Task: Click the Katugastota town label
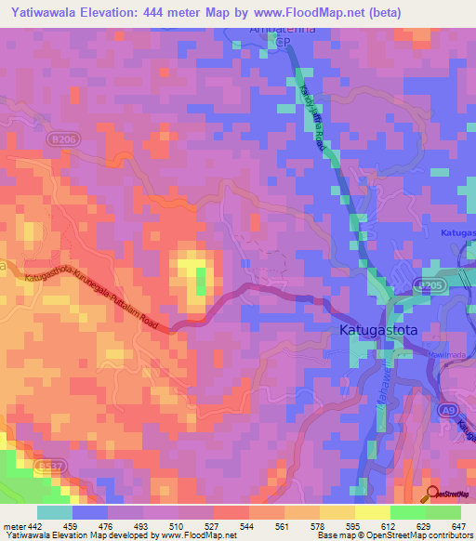tap(371, 329)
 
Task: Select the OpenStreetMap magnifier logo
tap(433, 495)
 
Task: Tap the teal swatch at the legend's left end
tap(55, 511)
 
